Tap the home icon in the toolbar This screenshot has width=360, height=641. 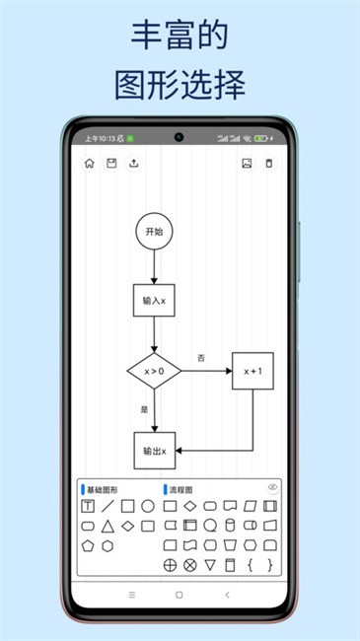click(x=90, y=164)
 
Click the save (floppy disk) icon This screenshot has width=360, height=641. click(x=111, y=164)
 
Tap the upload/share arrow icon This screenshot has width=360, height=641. click(x=134, y=164)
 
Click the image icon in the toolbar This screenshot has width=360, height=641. click(x=247, y=164)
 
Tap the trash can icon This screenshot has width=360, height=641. click(x=269, y=164)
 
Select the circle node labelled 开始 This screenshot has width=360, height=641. click(x=154, y=232)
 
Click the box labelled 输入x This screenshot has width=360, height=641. click(x=154, y=300)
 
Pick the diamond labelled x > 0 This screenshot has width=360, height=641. click(x=154, y=371)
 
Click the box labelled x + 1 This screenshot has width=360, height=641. click(x=252, y=371)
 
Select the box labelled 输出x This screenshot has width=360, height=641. click(x=154, y=450)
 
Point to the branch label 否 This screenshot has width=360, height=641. click(x=201, y=357)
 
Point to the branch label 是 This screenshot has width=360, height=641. click(x=144, y=408)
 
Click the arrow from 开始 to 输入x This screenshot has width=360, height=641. click(x=154, y=265)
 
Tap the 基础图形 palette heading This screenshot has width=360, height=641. click(x=102, y=489)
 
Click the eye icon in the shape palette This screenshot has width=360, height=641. click(x=272, y=487)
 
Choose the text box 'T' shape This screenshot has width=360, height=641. click(x=88, y=506)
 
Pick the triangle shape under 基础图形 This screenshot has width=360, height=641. click(x=108, y=526)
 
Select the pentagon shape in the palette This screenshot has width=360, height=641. click(x=88, y=545)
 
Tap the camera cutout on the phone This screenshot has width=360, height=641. click(x=180, y=137)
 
